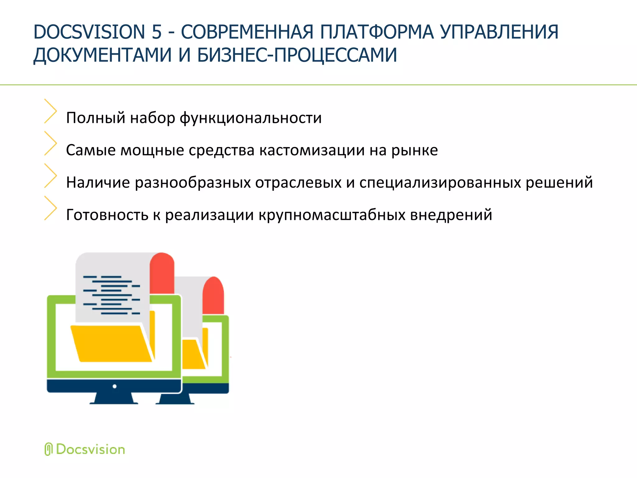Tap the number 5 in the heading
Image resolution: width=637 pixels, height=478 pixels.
[x=157, y=32]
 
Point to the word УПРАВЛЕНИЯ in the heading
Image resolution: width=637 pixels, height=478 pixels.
[x=500, y=32]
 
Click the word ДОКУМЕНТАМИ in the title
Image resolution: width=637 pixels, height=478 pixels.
[x=102, y=55]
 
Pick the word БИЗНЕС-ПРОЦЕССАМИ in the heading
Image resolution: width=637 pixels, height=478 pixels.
[x=297, y=55]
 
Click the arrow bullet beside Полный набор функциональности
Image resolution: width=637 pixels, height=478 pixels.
[x=50, y=111]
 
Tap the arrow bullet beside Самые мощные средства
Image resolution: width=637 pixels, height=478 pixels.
[x=50, y=143]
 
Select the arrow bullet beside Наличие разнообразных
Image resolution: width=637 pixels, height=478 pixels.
[x=50, y=176]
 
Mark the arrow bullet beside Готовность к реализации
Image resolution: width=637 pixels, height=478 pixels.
[x=50, y=208]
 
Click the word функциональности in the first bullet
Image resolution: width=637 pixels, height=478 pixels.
[x=251, y=118]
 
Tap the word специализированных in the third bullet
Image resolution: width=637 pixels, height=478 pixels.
[x=440, y=183]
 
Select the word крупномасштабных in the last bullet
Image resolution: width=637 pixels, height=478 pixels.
[x=332, y=215]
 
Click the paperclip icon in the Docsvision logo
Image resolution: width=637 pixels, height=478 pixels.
[x=48, y=449]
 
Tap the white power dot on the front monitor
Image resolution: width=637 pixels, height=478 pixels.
[x=114, y=387]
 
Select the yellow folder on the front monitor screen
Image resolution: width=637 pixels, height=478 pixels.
[x=110, y=344]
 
